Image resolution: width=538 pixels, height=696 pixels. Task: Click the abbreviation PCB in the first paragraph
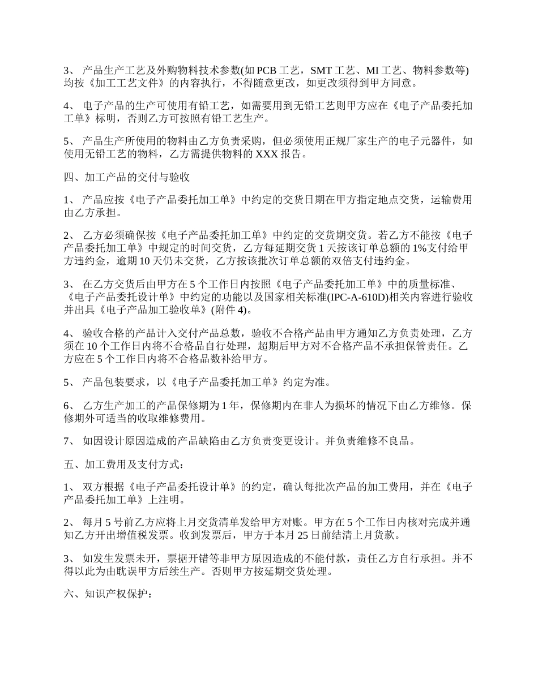(x=268, y=71)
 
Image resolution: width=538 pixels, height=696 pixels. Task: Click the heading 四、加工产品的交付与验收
(x=126, y=177)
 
